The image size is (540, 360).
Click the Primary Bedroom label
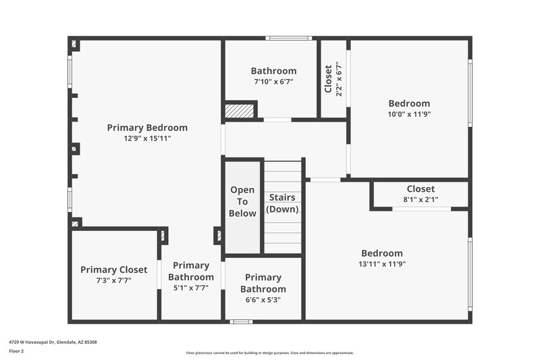147,128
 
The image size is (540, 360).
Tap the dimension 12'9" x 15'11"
147,139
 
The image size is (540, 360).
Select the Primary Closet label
113,270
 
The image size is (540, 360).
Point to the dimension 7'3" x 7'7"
113,281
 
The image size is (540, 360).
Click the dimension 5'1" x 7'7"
190,288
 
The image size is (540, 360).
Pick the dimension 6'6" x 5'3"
263,301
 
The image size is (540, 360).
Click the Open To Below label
242,202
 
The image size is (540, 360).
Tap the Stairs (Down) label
282,203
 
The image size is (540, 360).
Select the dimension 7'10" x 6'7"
273,82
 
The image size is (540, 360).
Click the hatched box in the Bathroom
239,110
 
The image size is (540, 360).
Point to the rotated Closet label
329,79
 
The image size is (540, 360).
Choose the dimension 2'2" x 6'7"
339,79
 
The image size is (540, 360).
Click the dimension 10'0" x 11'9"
409,115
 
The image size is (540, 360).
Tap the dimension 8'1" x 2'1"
421,200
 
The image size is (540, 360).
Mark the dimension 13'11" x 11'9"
382,265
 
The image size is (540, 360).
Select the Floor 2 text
16,352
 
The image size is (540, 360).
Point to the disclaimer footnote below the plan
270,353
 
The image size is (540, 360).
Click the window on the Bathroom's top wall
288,38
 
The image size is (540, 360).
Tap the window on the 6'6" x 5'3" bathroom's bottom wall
241,322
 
